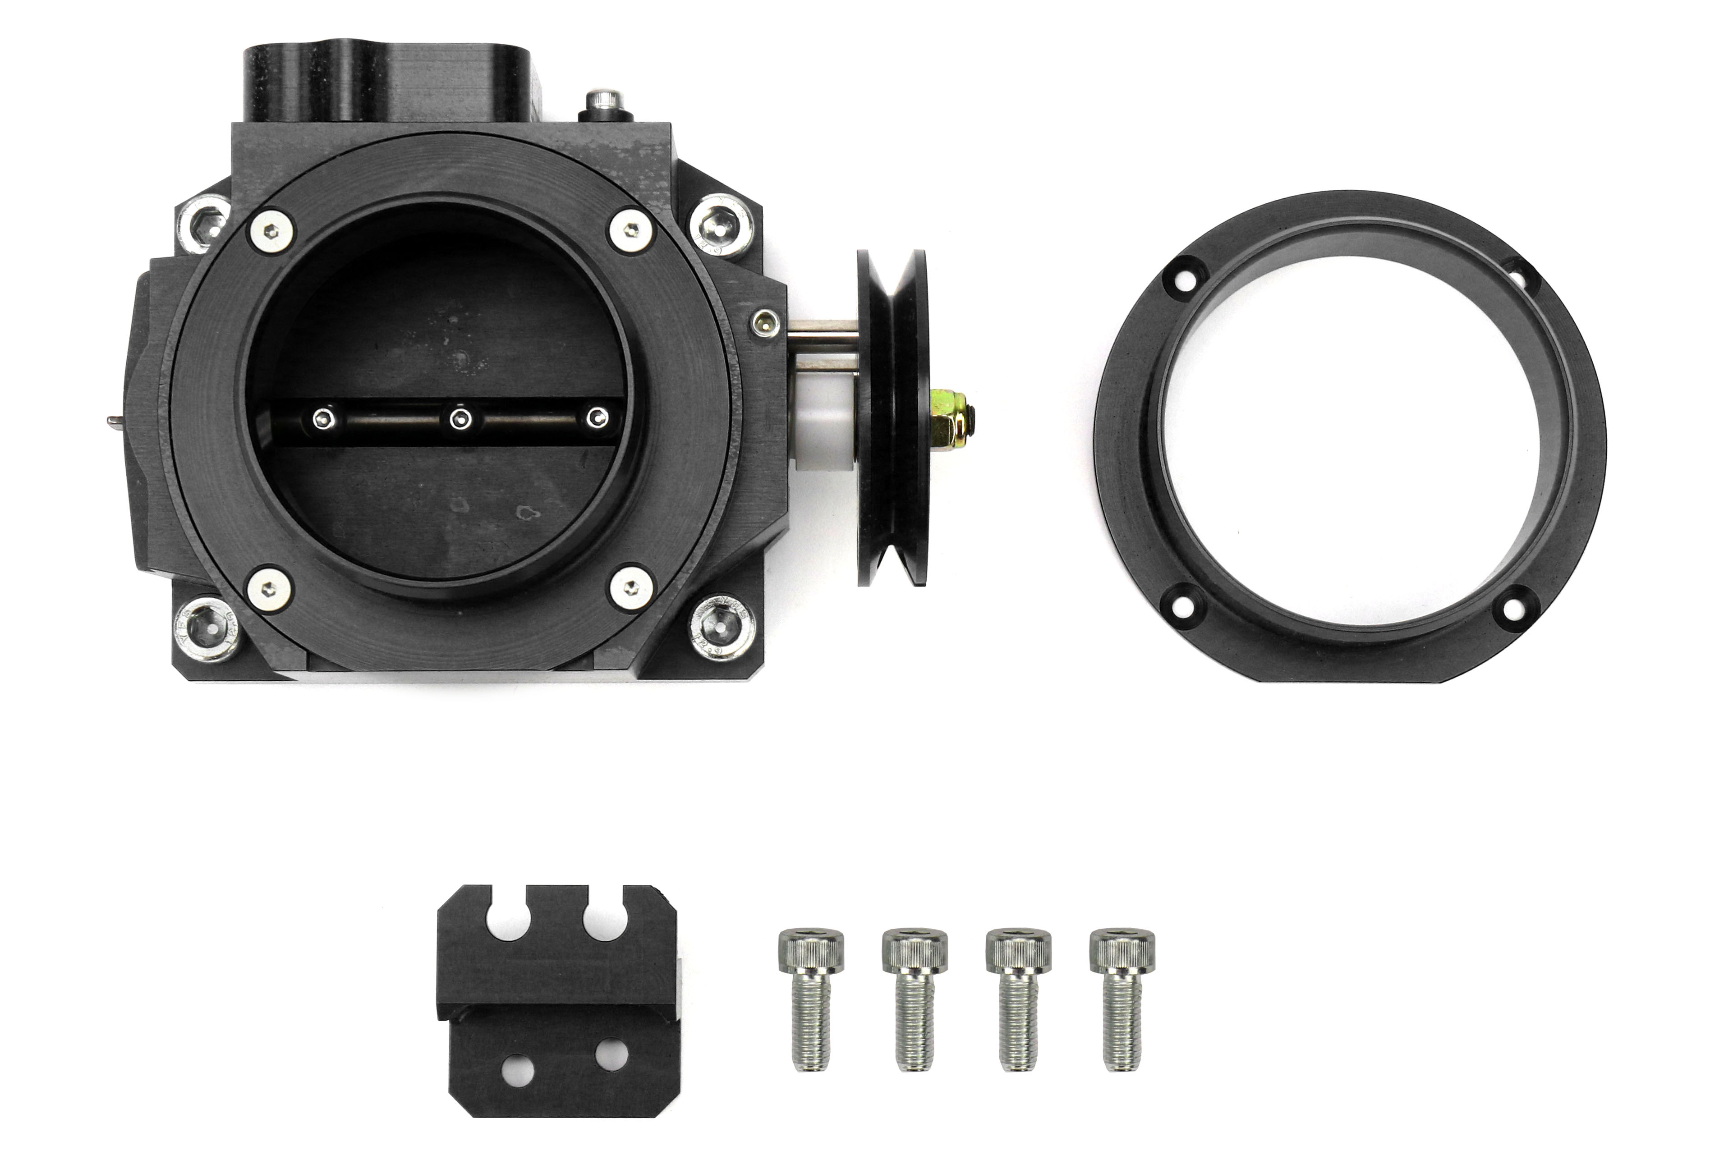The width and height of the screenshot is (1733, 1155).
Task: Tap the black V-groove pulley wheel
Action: tap(892, 417)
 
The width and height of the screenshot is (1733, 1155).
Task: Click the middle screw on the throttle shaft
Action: tap(460, 419)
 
